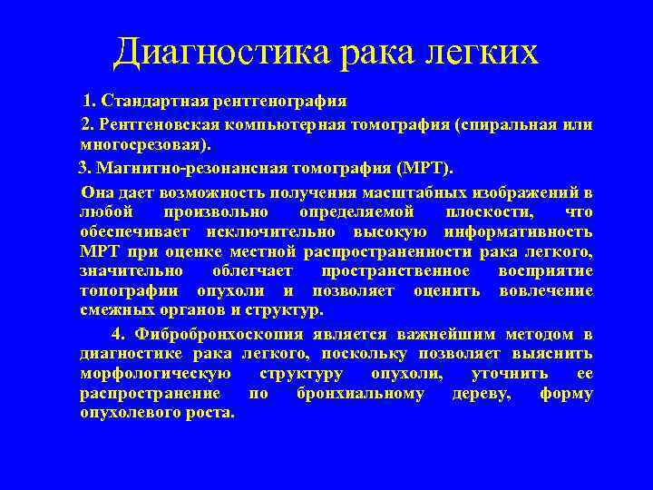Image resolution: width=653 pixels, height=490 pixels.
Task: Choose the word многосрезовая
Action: [145, 145]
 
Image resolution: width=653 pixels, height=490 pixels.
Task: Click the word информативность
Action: [527, 232]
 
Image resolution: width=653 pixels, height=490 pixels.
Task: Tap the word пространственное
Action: [395, 271]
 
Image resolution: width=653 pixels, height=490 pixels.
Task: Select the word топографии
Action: [133, 291]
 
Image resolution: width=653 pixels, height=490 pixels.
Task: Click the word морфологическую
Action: [156, 374]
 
